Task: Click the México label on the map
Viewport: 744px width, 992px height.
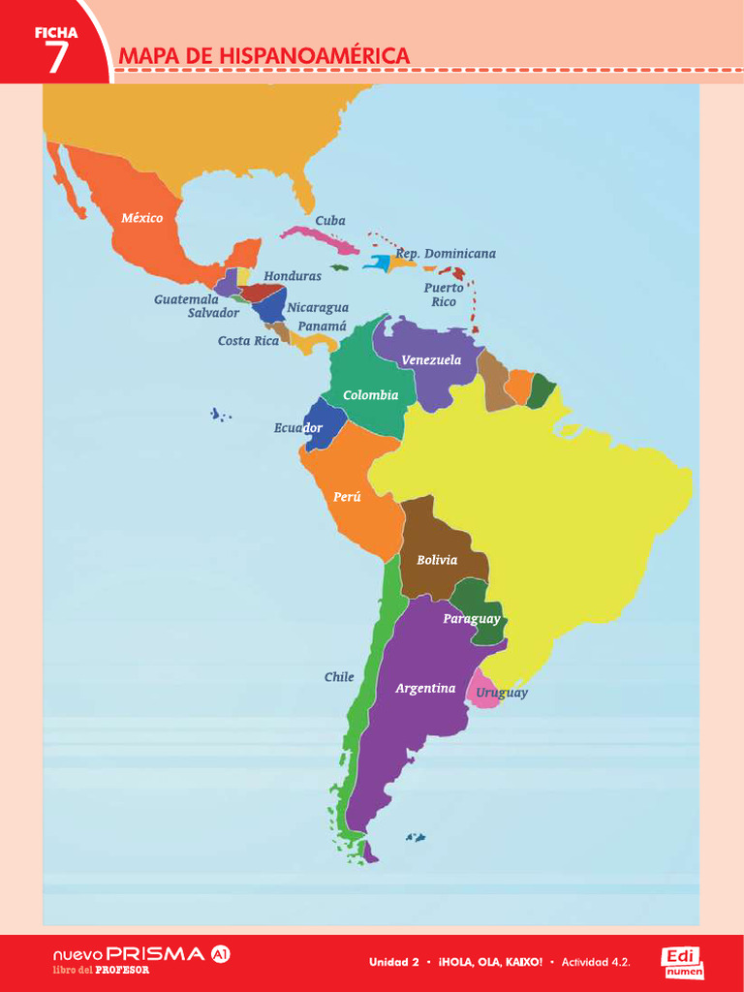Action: coord(142,218)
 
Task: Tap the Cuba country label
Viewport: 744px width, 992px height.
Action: coord(330,221)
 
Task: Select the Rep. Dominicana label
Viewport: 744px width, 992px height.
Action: coord(446,254)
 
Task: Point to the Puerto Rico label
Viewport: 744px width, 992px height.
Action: coord(444,294)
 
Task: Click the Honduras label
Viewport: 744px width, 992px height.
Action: coord(293,276)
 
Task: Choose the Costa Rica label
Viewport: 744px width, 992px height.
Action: coord(248,341)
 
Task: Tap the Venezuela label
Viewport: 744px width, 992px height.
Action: coord(431,360)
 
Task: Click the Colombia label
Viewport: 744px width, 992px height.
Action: coord(370,395)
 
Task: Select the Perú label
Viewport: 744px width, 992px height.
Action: coord(347,497)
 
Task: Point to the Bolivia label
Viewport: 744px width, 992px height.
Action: coord(437,560)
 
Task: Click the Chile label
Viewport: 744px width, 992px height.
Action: coord(339,677)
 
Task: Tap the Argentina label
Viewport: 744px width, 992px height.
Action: coord(425,689)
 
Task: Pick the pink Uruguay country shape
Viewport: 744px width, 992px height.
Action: coord(481,691)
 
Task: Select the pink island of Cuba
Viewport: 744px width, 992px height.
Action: coord(320,235)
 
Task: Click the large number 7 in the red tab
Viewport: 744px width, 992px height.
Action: coord(57,58)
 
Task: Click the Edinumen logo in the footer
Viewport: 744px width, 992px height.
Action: coord(683,962)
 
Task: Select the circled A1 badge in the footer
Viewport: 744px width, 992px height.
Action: coord(221,954)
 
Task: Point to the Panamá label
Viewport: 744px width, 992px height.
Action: coord(322,326)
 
